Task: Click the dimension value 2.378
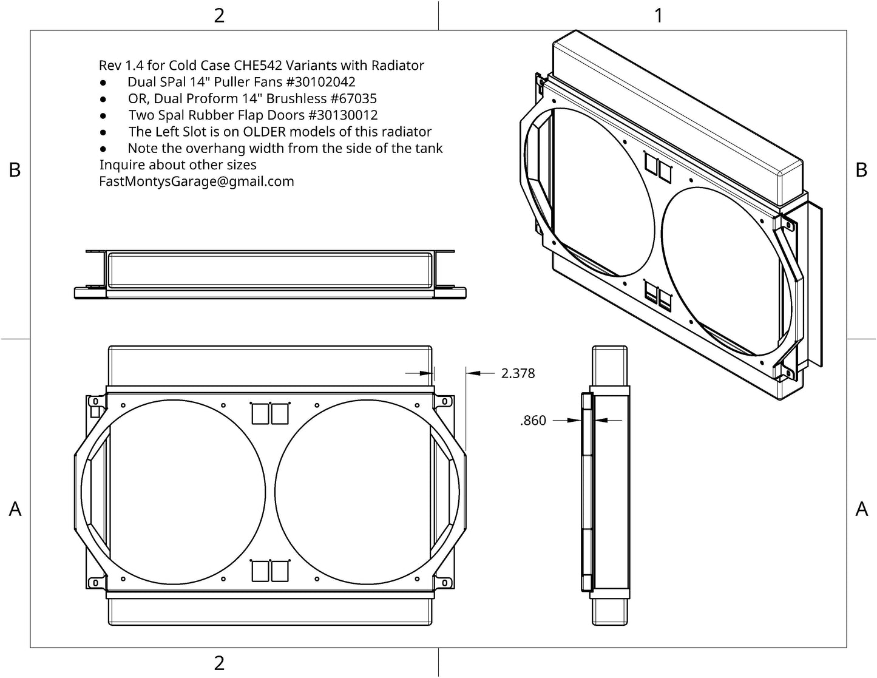(518, 373)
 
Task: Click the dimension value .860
(533, 420)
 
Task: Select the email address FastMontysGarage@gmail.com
(196, 181)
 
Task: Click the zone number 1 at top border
(659, 16)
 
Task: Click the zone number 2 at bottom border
(219, 663)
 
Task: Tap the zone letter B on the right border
(861, 171)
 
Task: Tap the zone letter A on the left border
(15, 509)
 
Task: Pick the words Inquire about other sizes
(178, 164)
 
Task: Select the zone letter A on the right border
(861, 509)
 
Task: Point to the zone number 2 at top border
(219, 16)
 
